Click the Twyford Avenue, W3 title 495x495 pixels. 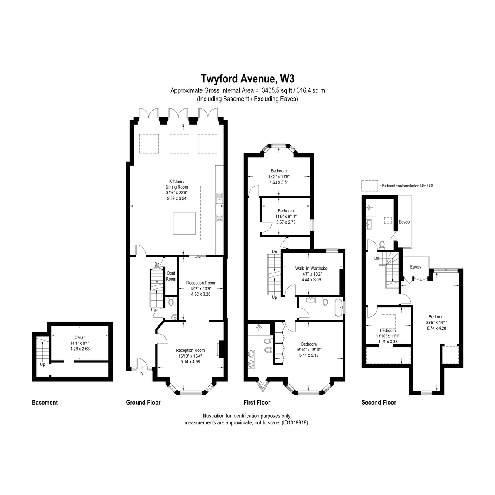coord(247,79)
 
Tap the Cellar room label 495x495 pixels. coord(80,337)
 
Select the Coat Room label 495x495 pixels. coord(171,276)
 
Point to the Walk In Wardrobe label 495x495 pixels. coord(311,268)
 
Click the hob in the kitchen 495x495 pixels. coord(219,218)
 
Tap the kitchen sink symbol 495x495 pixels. coord(219,198)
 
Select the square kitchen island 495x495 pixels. coord(184,223)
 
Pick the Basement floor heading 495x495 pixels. coord(45,402)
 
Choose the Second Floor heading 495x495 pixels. coord(379,402)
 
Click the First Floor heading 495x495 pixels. coord(257,402)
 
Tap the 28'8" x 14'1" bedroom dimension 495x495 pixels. coord(436,323)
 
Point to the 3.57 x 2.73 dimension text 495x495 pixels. coord(286,222)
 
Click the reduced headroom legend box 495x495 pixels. coord(370,186)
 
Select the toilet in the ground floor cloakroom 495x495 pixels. coord(171,301)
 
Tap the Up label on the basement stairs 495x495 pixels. coord(42,365)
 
